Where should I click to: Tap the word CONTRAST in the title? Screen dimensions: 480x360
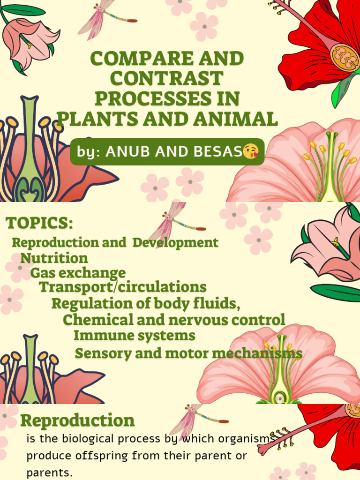pos(166,79)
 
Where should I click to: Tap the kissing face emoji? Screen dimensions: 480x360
pos(251,151)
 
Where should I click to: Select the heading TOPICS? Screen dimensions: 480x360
pos(40,224)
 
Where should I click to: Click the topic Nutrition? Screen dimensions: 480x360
pos(54,258)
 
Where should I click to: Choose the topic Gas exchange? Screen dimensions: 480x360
pos(78,273)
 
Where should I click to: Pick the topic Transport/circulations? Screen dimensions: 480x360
pos(122,287)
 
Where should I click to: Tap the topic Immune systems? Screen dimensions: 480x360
pos(134,336)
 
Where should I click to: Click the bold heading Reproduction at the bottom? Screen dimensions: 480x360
pos(77,420)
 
